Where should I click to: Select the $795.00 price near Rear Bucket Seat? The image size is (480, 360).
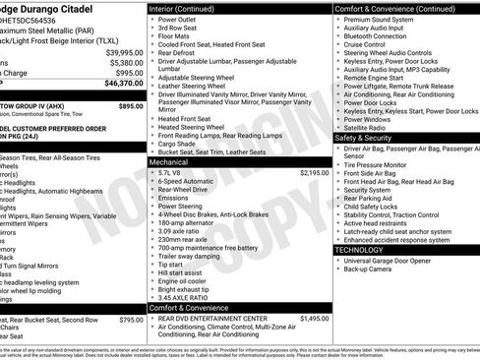[130, 320]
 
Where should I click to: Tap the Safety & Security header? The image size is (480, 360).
[363, 138]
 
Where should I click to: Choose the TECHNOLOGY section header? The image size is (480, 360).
[360, 250]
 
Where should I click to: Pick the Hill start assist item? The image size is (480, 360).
[178, 272]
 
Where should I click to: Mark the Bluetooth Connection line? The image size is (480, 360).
[382, 36]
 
